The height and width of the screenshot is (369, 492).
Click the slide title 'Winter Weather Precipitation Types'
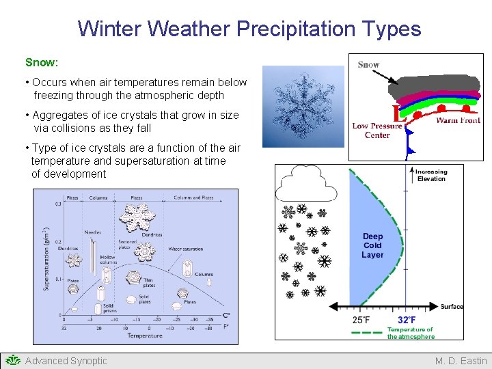tap(249, 29)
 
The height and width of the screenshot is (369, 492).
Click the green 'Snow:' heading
tap(42, 62)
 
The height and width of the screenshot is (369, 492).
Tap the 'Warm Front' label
tap(458, 120)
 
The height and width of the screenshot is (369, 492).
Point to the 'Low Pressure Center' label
tap(377, 131)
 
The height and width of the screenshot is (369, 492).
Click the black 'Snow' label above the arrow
tap(368, 65)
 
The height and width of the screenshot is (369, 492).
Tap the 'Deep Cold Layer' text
tap(372, 245)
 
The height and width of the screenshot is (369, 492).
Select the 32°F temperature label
tap(407, 320)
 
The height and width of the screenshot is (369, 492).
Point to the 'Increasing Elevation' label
tap(431, 176)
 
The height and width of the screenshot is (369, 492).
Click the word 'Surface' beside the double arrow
tap(452, 307)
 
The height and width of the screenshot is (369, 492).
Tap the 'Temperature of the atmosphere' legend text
tap(410, 333)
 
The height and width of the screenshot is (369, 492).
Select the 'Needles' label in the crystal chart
tap(93, 232)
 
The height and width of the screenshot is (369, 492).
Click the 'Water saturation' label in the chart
tap(184, 249)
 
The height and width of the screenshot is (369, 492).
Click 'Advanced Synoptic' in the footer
tap(66, 361)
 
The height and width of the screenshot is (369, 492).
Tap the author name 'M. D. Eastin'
tap(461, 361)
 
